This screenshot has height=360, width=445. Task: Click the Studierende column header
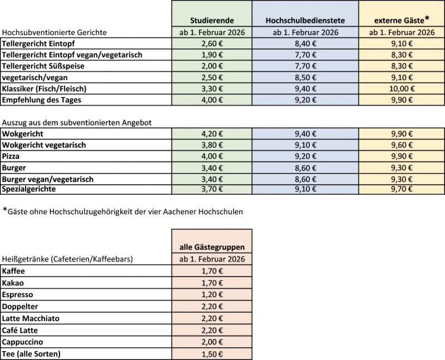click(x=211, y=20)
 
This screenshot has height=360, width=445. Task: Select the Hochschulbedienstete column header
click(x=305, y=20)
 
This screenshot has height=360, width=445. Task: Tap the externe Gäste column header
click(x=401, y=19)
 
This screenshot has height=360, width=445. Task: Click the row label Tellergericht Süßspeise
click(x=49, y=66)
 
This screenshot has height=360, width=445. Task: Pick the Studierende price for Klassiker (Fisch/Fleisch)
click(x=211, y=88)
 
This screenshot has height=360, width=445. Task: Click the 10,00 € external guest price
click(x=401, y=88)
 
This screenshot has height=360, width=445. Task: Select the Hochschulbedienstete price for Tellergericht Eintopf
click(x=305, y=43)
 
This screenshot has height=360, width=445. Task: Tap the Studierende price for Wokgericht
click(x=211, y=134)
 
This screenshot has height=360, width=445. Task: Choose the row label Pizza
click(x=12, y=156)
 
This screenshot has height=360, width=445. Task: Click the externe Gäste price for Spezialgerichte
click(x=401, y=189)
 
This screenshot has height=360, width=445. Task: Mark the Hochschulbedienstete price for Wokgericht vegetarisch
click(x=305, y=145)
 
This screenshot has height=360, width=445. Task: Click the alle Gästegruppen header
click(x=211, y=246)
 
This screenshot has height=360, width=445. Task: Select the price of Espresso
click(x=211, y=294)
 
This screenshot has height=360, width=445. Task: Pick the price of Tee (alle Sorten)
click(x=211, y=353)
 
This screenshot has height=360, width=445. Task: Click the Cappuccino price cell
click(x=211, y=342)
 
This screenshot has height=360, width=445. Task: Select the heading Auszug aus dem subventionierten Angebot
click(x=77, y=122)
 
